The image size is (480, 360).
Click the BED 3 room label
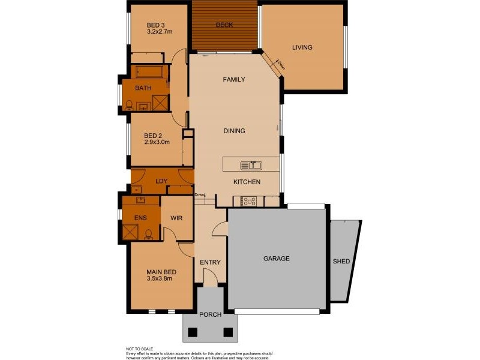[x=155, y=25]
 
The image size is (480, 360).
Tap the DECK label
[x=224, y=25]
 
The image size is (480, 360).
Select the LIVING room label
[x=302, y=47]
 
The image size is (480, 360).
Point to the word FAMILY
[x=233, y=79]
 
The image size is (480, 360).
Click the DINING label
[x=234, y=131]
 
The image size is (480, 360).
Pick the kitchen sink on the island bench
[x=251, y=165]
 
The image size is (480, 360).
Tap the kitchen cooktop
[x=248, y=201]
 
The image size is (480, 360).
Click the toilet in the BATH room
[x=129, y=105]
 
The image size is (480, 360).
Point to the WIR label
[x=176, y=218]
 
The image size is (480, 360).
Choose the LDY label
[x=161, y=181]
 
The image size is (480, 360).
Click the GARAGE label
[x=277, y=259]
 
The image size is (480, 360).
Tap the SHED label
[x=341, y=261]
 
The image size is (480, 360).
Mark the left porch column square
[x=193, y=332]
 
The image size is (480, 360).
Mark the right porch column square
[x=228, y=332]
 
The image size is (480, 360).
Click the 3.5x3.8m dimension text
[x=160, y=278]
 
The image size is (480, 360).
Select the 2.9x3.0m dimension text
[x=157, y=143]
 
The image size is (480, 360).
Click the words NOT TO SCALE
[x=140, y=349]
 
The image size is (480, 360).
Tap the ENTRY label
[x=211, y=262]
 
